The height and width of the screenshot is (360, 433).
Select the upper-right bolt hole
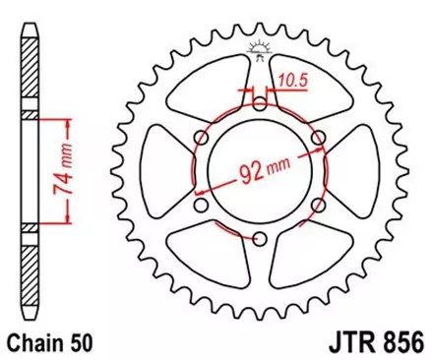tap(318, 136)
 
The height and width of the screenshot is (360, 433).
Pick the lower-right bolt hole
tap(318, 204)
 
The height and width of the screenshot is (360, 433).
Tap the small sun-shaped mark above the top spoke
tap(260, 44)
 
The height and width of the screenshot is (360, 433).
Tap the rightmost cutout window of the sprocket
tap(360, 170)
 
